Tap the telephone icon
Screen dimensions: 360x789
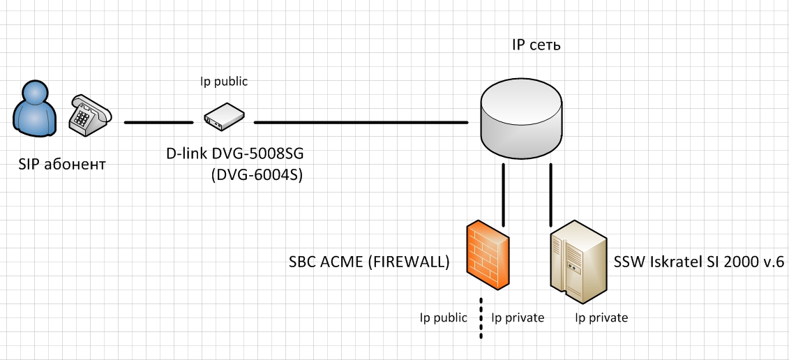[89, 116]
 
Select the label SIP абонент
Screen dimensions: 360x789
[63, 165]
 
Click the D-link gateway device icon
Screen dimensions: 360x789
[223, 117]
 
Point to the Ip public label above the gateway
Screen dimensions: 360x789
[224, 82]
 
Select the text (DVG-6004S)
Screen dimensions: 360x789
[256, 176]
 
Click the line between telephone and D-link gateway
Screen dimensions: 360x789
[158, 123]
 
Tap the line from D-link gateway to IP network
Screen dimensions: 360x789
[361, 123]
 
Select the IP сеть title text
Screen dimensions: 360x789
[536, 46]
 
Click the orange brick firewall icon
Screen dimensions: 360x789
[488, 255]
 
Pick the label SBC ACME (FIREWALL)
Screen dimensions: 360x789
[368, 263]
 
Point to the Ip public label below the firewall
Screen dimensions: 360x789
[443, 318]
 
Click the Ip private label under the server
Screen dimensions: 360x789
[601, 318]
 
